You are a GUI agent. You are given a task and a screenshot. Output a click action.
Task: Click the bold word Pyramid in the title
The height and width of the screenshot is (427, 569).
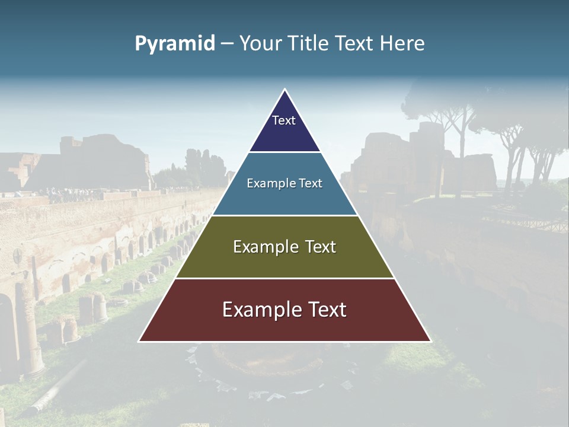click(x=175, y=43)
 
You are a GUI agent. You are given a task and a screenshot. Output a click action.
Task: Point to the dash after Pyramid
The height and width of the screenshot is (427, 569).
click(x=227, y=44)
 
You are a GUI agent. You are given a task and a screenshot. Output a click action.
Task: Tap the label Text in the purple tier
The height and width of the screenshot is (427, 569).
click(x=284, y=120)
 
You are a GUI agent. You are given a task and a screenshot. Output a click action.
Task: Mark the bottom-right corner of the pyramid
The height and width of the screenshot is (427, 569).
click(x=430, y=341)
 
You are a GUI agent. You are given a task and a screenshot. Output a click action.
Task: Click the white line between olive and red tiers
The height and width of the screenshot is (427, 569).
click(x=284, y=278)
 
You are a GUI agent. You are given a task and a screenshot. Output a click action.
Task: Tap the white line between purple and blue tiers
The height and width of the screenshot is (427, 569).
click(x=284, y=152)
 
